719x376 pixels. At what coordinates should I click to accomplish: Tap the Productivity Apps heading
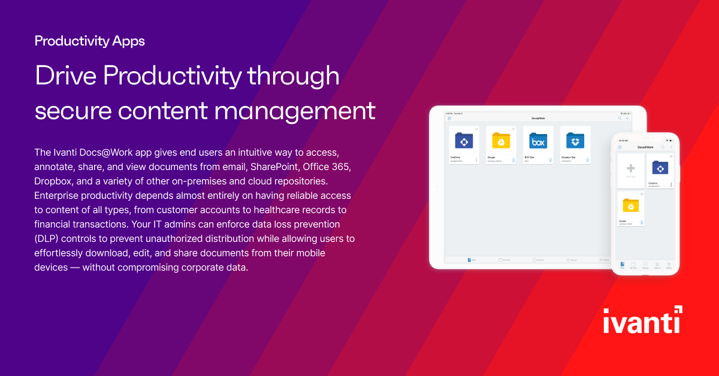click(89, 41)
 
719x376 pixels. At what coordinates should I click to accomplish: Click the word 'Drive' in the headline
click(65, 77)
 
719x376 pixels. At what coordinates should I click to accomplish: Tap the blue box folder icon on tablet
click(538, 141)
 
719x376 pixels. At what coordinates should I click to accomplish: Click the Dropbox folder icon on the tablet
click(575, 141)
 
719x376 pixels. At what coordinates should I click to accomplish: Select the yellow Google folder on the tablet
click(501, 141)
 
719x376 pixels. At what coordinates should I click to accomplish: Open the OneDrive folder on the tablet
click(464, 141)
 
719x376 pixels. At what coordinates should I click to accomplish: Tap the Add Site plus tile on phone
click(630, 169)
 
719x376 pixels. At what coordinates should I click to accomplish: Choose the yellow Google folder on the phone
click(630, 206)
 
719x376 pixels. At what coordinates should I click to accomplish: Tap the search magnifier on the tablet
click(620, 119)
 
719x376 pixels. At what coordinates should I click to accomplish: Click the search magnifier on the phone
click(663, 147)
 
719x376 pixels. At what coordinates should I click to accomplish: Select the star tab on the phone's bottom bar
click(657, 264)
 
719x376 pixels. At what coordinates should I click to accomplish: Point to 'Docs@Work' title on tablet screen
click(537, 119)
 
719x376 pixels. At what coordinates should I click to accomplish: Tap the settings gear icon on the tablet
click(449, 119)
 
